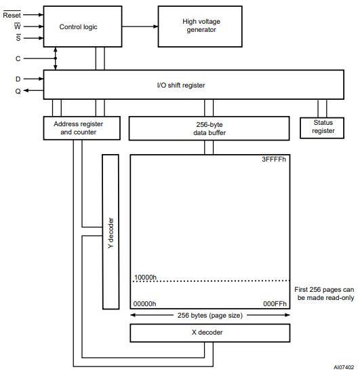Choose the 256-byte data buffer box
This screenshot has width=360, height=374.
point(209,127)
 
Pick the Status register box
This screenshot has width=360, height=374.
point(323,127)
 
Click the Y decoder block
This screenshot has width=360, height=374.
point(111,231)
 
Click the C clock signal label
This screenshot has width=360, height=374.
point(18,58)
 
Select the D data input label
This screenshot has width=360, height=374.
point(18,79)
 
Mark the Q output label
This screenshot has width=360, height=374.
point(18,92)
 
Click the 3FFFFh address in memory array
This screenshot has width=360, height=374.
point(274,160)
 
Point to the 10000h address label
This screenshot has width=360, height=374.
point(146,277)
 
